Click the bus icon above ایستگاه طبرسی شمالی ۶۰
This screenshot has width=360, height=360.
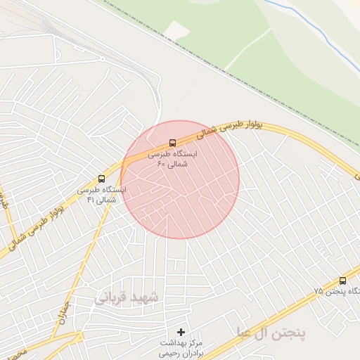pyautogui.click(x=173, y=143)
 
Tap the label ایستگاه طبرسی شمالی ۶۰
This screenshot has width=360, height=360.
pyautogui.click(x=173, y=158)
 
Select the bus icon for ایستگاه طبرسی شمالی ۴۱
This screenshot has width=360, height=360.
pyautogui.click(x=101, y=179)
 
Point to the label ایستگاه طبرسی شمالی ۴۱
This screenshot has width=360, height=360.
pyautogui.click(x=101, y=194)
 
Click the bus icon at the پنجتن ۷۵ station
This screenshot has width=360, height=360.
pyautogui.click(x=342, y=281)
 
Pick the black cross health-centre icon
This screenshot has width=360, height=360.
pyautogui.click(x=181, y=331)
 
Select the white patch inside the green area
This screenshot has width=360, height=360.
pyautogui.click(x=177, y=31)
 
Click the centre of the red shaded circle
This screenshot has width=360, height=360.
pyautogui.click(x=180, y=179)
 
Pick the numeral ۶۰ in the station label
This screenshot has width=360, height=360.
pyautogui.click(x=161, y=164)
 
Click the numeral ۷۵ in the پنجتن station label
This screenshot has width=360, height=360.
pyautogui.click(x=318, y=291)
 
